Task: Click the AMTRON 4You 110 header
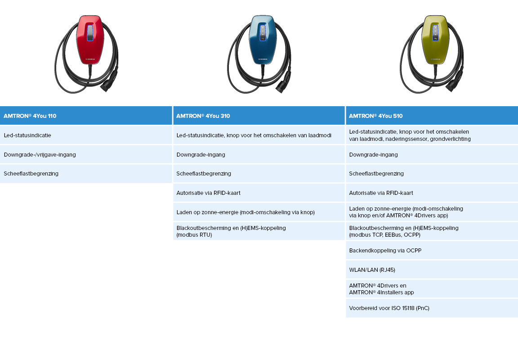click(30, 116)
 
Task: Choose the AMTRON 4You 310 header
click(203, 116)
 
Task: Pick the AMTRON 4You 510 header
click(376, 116)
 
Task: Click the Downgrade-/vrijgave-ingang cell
click(40, 154)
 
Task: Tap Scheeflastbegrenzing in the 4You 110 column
click(31, 174)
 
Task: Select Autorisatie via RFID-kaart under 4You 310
click(209, 193)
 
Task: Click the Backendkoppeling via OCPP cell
click(385, 251)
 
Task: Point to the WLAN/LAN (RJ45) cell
click(372, 270)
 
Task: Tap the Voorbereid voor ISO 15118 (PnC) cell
click(389, 308)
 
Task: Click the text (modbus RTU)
click(194, 234)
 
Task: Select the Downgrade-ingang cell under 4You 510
click(374, 154)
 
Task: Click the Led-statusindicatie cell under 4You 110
click(27, 135)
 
